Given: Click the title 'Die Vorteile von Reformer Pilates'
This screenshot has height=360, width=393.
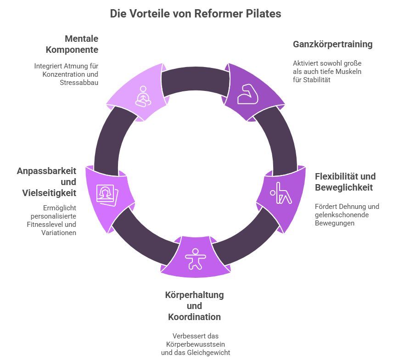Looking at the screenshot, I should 196,14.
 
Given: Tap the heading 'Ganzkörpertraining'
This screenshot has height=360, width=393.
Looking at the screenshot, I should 332,45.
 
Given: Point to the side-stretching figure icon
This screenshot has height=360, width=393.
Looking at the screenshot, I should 281,193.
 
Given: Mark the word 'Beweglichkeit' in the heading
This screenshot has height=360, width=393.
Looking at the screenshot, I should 343,187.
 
